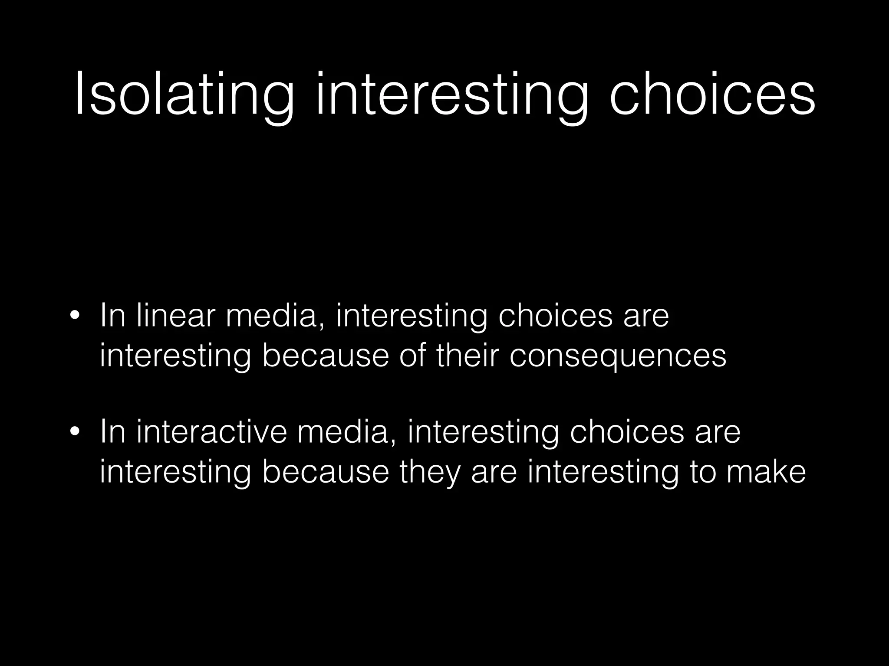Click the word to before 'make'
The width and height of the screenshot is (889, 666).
(x=702, y=472)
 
